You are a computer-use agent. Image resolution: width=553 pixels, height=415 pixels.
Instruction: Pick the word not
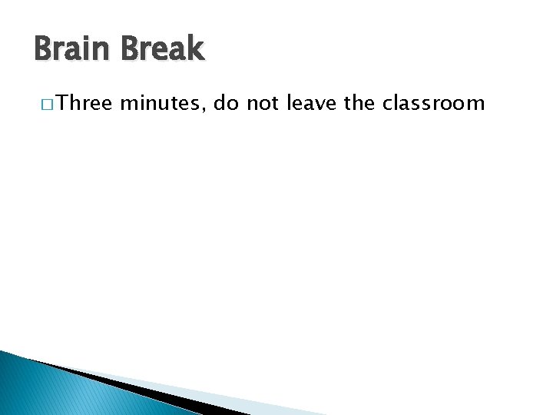[263, 103]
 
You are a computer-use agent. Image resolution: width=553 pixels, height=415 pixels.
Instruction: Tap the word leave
[313, 103]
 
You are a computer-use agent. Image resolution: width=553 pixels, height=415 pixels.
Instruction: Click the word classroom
[434, 103]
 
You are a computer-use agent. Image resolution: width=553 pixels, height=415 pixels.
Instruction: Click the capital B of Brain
[43, 50]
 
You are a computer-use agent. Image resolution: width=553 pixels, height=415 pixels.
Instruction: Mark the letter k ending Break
[197, 50]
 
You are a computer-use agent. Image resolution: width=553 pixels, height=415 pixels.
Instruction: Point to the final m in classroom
[476, 104]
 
